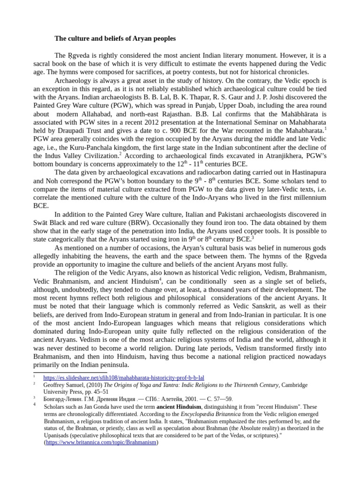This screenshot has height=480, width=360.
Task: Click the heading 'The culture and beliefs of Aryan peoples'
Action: (115, 38)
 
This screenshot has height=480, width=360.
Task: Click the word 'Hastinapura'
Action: (307, 172)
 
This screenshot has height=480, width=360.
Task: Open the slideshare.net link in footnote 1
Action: (123, 377)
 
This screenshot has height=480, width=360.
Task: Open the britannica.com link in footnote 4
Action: (101, 442)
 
